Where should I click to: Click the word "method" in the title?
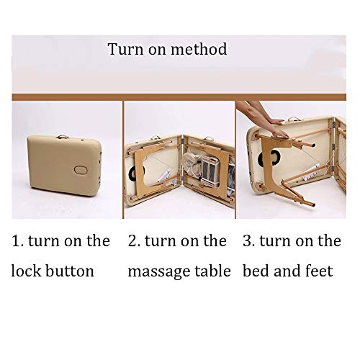click(199, 49)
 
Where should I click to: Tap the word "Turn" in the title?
click(125, 49)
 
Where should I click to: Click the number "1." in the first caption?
click(18, 241)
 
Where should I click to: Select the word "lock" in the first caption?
click(27, 271)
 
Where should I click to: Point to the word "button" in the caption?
click(70, 271)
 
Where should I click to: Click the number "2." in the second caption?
click(134, 241)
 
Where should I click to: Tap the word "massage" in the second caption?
click(159, 272)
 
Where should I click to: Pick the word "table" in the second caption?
click(212, 271)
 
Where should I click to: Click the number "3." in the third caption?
click(248, 241)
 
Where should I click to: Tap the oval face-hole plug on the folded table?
click(81, 170)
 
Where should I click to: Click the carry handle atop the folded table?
click(63, 137)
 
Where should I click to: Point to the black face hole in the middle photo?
click(132, 173)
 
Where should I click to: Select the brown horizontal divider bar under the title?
click(179, 97)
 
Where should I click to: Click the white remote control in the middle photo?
click(165, 175)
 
